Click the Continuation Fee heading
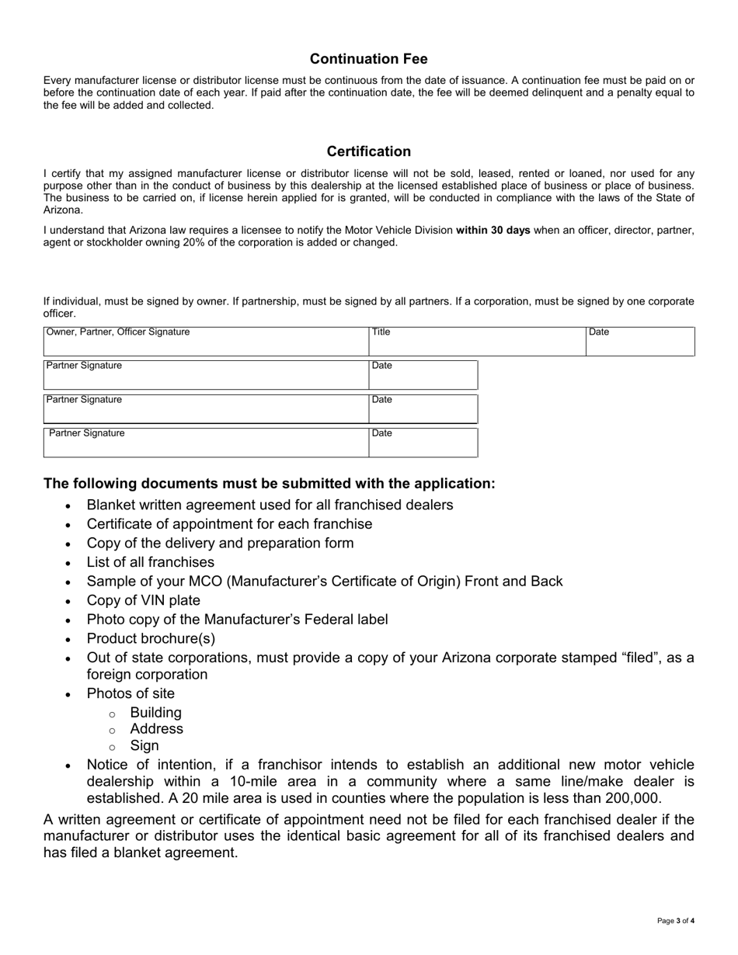pos(368,59)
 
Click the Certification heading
pos(368,151)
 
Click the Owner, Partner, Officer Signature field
pos(206,342)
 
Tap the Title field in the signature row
pos(476,342)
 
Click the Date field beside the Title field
pos(639,342)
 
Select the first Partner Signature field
pos(206,375)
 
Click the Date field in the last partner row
pos(423,443)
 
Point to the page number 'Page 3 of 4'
pos(675,921)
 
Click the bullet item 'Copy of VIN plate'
pos(144,600)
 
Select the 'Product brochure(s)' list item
pos(151,638)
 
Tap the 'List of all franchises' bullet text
pos(151,562)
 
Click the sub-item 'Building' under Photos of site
pos(156,712)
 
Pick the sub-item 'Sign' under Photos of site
pos(144,745)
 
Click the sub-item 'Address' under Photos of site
pos(157,728)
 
